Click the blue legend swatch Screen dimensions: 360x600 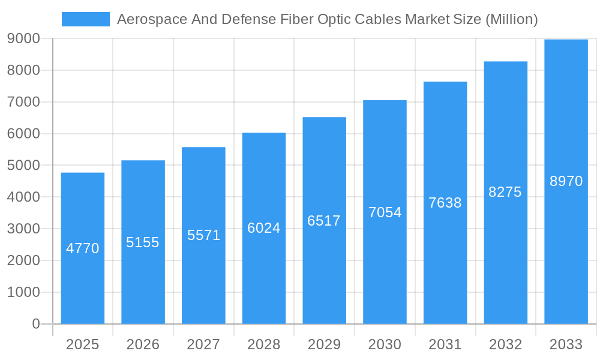[85, 19]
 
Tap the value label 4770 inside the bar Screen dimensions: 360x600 [83, 248]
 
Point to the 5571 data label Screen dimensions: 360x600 [204, 235]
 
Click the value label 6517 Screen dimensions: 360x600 [324, 221]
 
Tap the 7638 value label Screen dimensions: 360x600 [445, 203]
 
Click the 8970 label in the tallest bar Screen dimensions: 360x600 [566, 181]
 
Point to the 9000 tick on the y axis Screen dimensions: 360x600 [23, 38]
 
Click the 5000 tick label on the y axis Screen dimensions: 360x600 [23, 166]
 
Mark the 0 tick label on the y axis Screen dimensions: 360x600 [35, 324]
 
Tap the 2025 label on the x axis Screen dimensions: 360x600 [83, 344]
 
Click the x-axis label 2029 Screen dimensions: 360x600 [324, 344]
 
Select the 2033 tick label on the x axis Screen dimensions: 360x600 [566, 344]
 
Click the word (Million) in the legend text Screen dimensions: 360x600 [511, 19]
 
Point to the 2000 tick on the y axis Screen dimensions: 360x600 [23, 260]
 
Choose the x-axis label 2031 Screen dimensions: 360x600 [445, 344]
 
